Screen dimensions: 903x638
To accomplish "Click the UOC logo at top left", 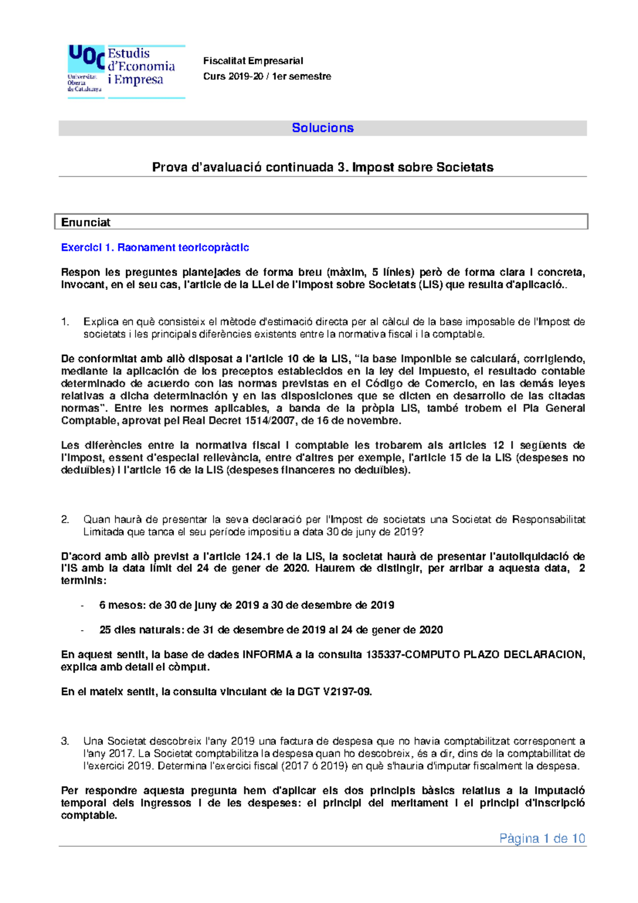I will click(85, 69).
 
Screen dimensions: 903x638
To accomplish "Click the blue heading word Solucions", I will click(323, 128).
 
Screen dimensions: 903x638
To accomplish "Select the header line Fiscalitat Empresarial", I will click(253, 61).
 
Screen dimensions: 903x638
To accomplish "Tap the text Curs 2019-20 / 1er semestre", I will click(267, 76).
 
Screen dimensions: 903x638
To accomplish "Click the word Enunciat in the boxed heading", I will click(86, 222).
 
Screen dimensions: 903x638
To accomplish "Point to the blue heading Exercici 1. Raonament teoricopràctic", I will click(155, 247).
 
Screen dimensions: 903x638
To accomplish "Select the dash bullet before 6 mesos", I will click(82, 606).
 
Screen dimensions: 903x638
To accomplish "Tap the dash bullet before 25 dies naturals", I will click(82, 631).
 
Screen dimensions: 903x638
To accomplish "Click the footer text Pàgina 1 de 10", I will click(542, 839).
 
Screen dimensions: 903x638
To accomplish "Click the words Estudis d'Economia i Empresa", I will click(141, 66).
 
